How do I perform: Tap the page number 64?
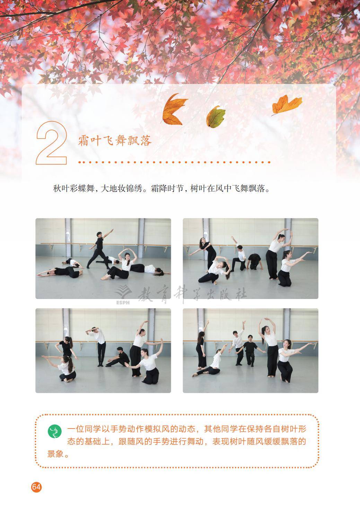coord(36,487)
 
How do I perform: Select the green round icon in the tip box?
coord(54,432)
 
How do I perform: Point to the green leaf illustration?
coord(216,116)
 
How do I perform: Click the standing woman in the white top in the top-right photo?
coord(274,255)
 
